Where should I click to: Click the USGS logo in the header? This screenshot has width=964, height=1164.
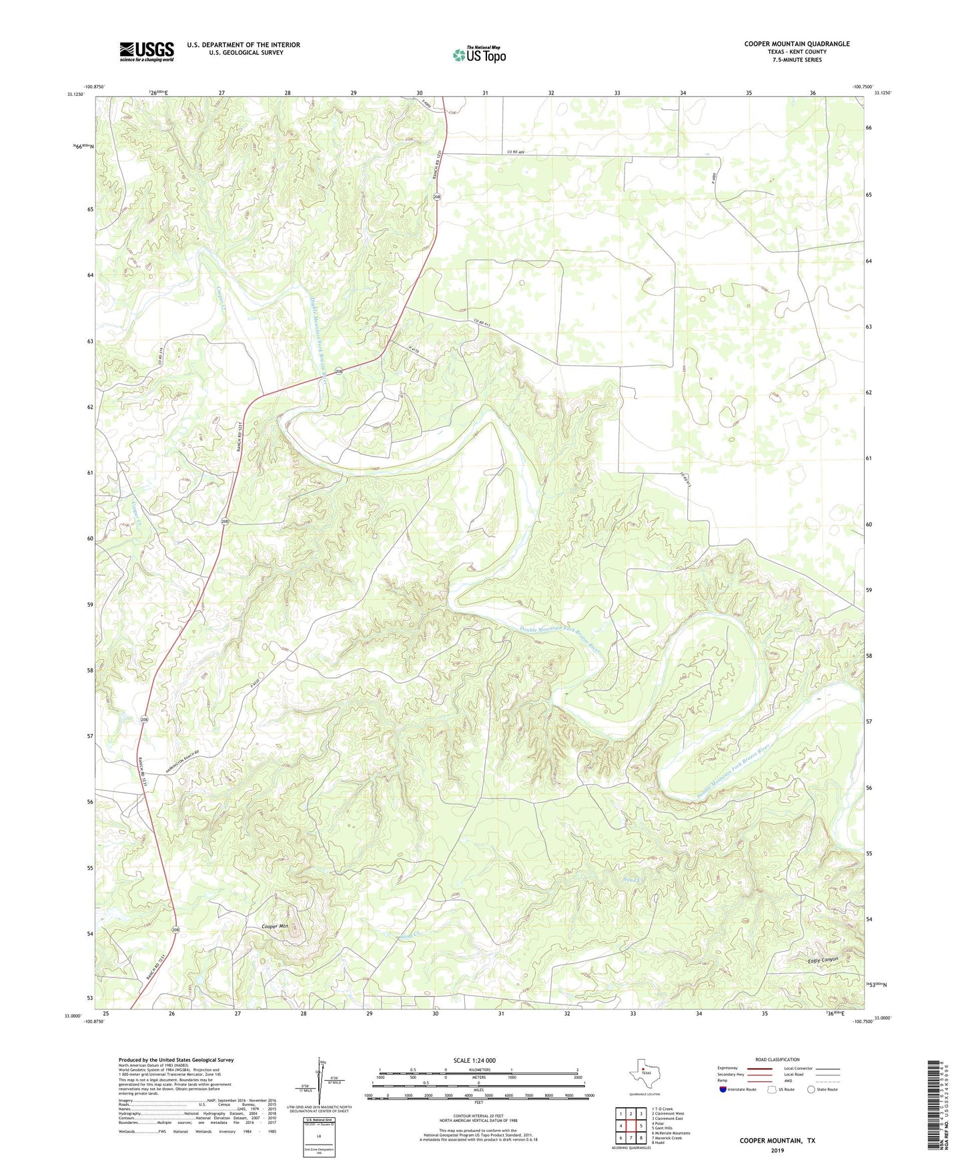pyautogui.click(x=146, y=51)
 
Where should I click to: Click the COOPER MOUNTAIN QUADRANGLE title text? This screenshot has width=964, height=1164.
pyautogui.click(x=797, y=44)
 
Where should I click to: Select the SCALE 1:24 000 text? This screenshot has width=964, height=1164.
pyautogui.click(x=474, y=1061)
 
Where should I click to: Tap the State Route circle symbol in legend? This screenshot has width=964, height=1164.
pyautogui.click(x=811, y=1089)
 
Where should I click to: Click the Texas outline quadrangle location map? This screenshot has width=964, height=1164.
pyautogui.click(x=644, y=1077)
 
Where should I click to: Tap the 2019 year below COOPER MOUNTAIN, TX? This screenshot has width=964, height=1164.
pyautogui.click(x=777, y=1150)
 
